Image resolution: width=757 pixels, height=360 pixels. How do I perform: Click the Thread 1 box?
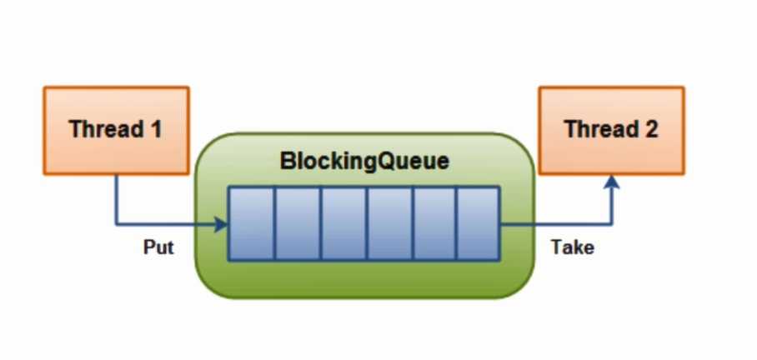pyautogui.click(x=116, y=130)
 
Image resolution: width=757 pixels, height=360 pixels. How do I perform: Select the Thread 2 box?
pyautogui.click(x=611, y=130)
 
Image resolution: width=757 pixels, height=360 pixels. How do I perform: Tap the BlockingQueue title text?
pyautogui.click(x=364, y=162)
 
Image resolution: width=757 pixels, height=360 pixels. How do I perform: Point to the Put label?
pyautogui.click(x=158, y=247)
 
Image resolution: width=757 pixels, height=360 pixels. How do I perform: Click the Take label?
pyautogui.click(x=573, y=247)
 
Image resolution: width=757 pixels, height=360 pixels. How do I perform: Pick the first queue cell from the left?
pyautogui.click(x=251, y=223)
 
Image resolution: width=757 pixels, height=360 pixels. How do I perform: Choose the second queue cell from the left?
pyautogui.click(x=297, y=223)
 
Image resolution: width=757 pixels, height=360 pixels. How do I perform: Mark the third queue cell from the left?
pyautogui.click(x=343, y=223)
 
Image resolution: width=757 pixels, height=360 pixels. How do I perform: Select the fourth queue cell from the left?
pyautogui.click(x=389, y=223)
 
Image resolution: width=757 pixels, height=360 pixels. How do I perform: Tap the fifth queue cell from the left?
pyautogui.click(x=434, y=223)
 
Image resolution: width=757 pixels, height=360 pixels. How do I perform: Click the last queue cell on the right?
pyautogui.click(x=478, y=223)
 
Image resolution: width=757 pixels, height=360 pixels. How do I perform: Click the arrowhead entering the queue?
pyautogui.click(x=222, y=224)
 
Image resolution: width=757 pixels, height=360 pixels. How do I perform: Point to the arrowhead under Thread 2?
pyautogui.click(x=612, y=181)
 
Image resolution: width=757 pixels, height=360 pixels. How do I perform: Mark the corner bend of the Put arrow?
pyautogui.click(x=116, y=224)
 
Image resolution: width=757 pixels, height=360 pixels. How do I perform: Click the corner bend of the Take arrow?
pyautogui.click(x=612, y=224)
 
